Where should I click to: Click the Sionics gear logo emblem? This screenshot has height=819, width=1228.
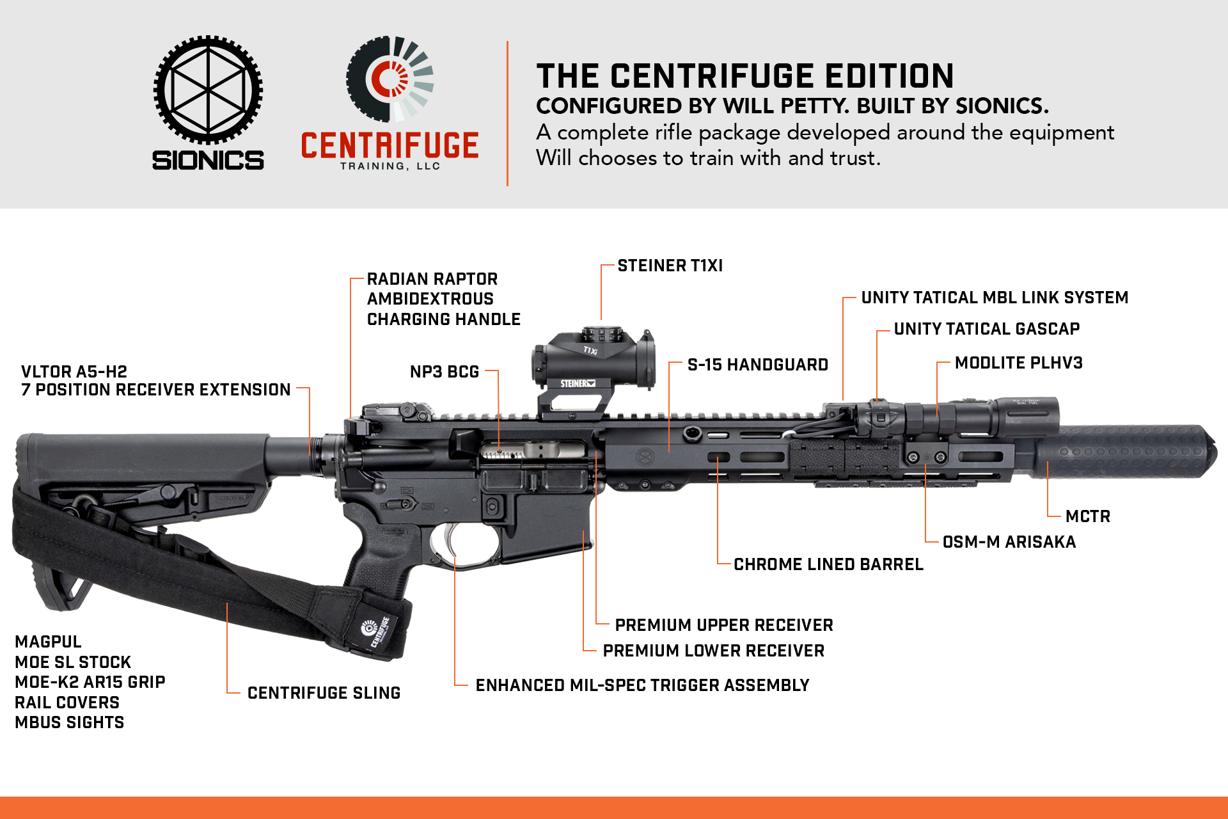pos(208,90)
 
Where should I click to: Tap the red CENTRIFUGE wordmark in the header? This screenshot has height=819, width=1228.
pos(390,145)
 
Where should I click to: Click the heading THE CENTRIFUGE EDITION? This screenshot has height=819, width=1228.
pos(745,76)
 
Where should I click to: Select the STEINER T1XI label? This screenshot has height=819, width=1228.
pos(670,266)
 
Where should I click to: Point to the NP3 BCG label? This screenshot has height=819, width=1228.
pos(445,372)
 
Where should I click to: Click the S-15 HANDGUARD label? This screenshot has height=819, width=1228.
pos(758,365)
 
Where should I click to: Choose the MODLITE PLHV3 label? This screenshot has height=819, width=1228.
pos(1019,363)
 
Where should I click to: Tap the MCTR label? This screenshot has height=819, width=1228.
pos(1088,516)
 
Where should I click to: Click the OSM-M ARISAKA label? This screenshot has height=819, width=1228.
pos(1009,542)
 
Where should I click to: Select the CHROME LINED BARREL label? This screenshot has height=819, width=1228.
pos(828,564)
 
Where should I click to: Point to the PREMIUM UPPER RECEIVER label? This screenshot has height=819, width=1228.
pos(724,625)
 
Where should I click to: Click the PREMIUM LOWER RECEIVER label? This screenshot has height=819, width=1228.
pos(714,651)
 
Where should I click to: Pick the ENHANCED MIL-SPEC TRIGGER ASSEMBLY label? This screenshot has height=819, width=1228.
pos(642,685)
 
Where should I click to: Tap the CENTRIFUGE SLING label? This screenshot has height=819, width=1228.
pos(324,693)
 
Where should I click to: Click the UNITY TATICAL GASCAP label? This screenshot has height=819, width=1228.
pos(987,329)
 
